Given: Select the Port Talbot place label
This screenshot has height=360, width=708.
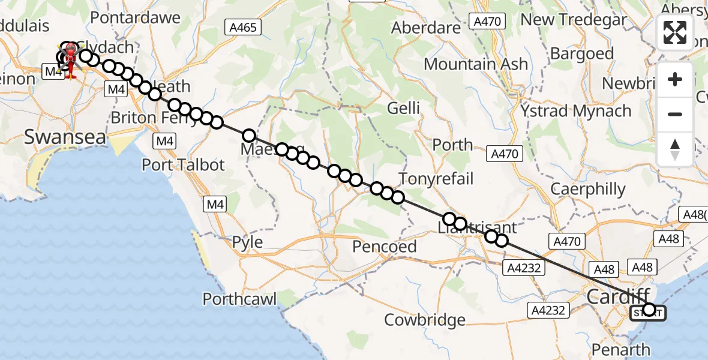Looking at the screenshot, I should [183, 164].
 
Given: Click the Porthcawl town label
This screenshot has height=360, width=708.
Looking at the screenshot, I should [242, 298].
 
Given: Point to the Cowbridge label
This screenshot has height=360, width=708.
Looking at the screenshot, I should [425, 320].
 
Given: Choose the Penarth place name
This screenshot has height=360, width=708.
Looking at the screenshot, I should [620, 349].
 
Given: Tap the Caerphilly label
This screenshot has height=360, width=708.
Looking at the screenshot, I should [588, 190].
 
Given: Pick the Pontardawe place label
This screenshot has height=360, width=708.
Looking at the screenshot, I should [135, 17].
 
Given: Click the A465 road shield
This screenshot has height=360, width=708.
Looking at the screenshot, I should [243, 27].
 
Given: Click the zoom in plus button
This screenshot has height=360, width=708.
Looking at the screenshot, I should [675, 79].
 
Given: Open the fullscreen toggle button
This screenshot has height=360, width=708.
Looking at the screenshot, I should [675, 32].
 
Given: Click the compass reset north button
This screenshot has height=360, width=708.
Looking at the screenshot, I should [675, 149].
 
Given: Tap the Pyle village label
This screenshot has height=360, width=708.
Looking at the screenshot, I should [247, 242].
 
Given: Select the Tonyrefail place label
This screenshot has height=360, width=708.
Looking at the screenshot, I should [436, 178].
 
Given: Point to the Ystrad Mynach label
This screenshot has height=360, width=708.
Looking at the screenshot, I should [575, 111].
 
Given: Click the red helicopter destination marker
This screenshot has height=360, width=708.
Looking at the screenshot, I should [70, 59].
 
